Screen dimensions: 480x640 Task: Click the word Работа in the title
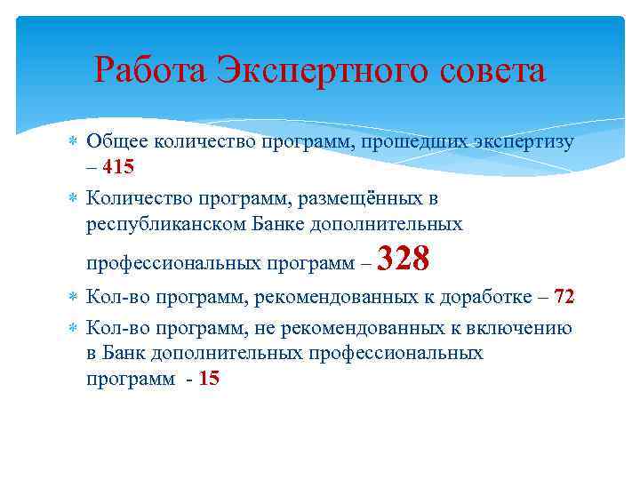151,70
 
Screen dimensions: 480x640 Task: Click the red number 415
118,166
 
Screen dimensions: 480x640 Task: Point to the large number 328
404,260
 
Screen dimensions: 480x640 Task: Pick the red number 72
564,296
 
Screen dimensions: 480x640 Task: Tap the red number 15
209,378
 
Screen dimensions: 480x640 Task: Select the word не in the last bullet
266,328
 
